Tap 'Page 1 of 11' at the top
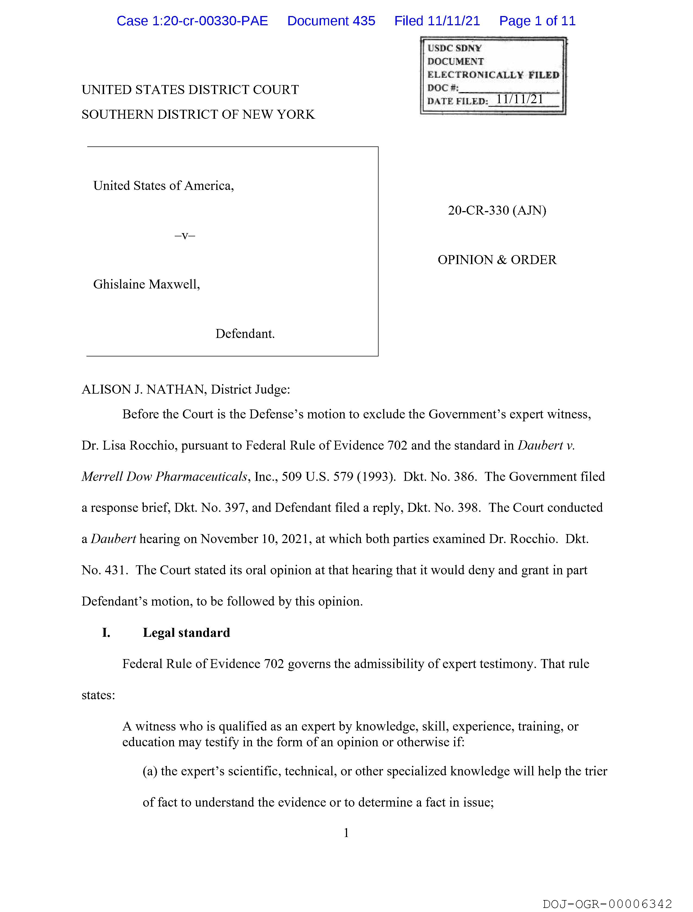pos(537,21)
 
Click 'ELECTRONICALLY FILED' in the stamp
pos(493,75)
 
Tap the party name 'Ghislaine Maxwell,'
pos(146,284)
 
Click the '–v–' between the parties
pos(185,236)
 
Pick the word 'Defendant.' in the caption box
pos(245,334)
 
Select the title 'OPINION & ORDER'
pos(497,260)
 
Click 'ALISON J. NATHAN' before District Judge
pos(144,389)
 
